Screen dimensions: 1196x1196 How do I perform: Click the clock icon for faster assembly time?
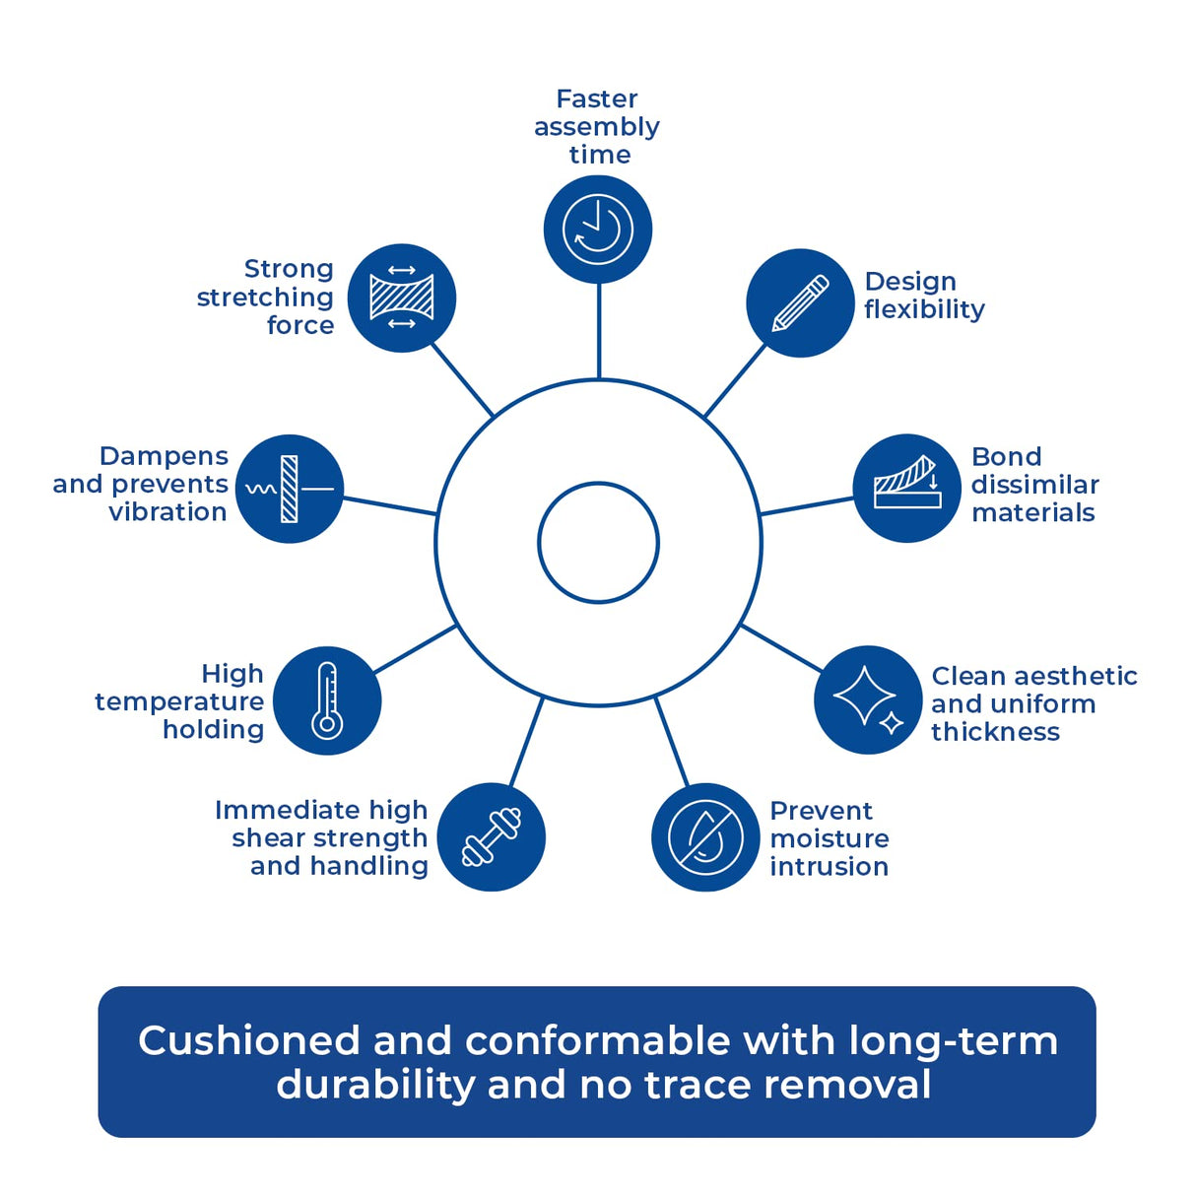click(x=598, y=230)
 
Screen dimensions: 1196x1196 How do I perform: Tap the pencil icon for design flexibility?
click(x=800, y=302)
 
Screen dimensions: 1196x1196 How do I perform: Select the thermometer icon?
click(x=327, y=700)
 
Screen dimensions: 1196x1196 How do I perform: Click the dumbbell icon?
click(x=491, y=837)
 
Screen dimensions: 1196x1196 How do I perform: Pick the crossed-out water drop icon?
click(x=705, y=837)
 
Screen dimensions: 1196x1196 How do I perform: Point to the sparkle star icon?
click(x=868, y=700)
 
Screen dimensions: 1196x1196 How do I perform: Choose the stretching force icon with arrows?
click(x=402, y=298)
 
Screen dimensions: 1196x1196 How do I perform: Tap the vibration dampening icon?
click(x=290, y=489)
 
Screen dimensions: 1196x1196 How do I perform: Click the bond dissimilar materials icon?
click(x=906, y=488)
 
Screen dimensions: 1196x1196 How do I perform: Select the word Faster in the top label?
click(x=597, y=99)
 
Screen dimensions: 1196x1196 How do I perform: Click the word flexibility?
click(x=924, y=309)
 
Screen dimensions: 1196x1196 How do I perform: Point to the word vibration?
click(x=167, y=512)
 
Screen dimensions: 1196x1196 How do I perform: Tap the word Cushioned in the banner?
click(x=249, y=1041)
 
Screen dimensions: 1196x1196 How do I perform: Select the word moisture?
click(x=830, y=838)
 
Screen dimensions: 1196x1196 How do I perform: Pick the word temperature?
click(x=179, y=703)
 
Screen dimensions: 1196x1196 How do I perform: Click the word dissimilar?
click(x=1034, y=485)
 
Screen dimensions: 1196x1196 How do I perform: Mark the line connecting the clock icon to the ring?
click(x=598, y=331)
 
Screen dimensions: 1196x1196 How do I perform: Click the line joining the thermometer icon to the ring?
click(x=415, y=649)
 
